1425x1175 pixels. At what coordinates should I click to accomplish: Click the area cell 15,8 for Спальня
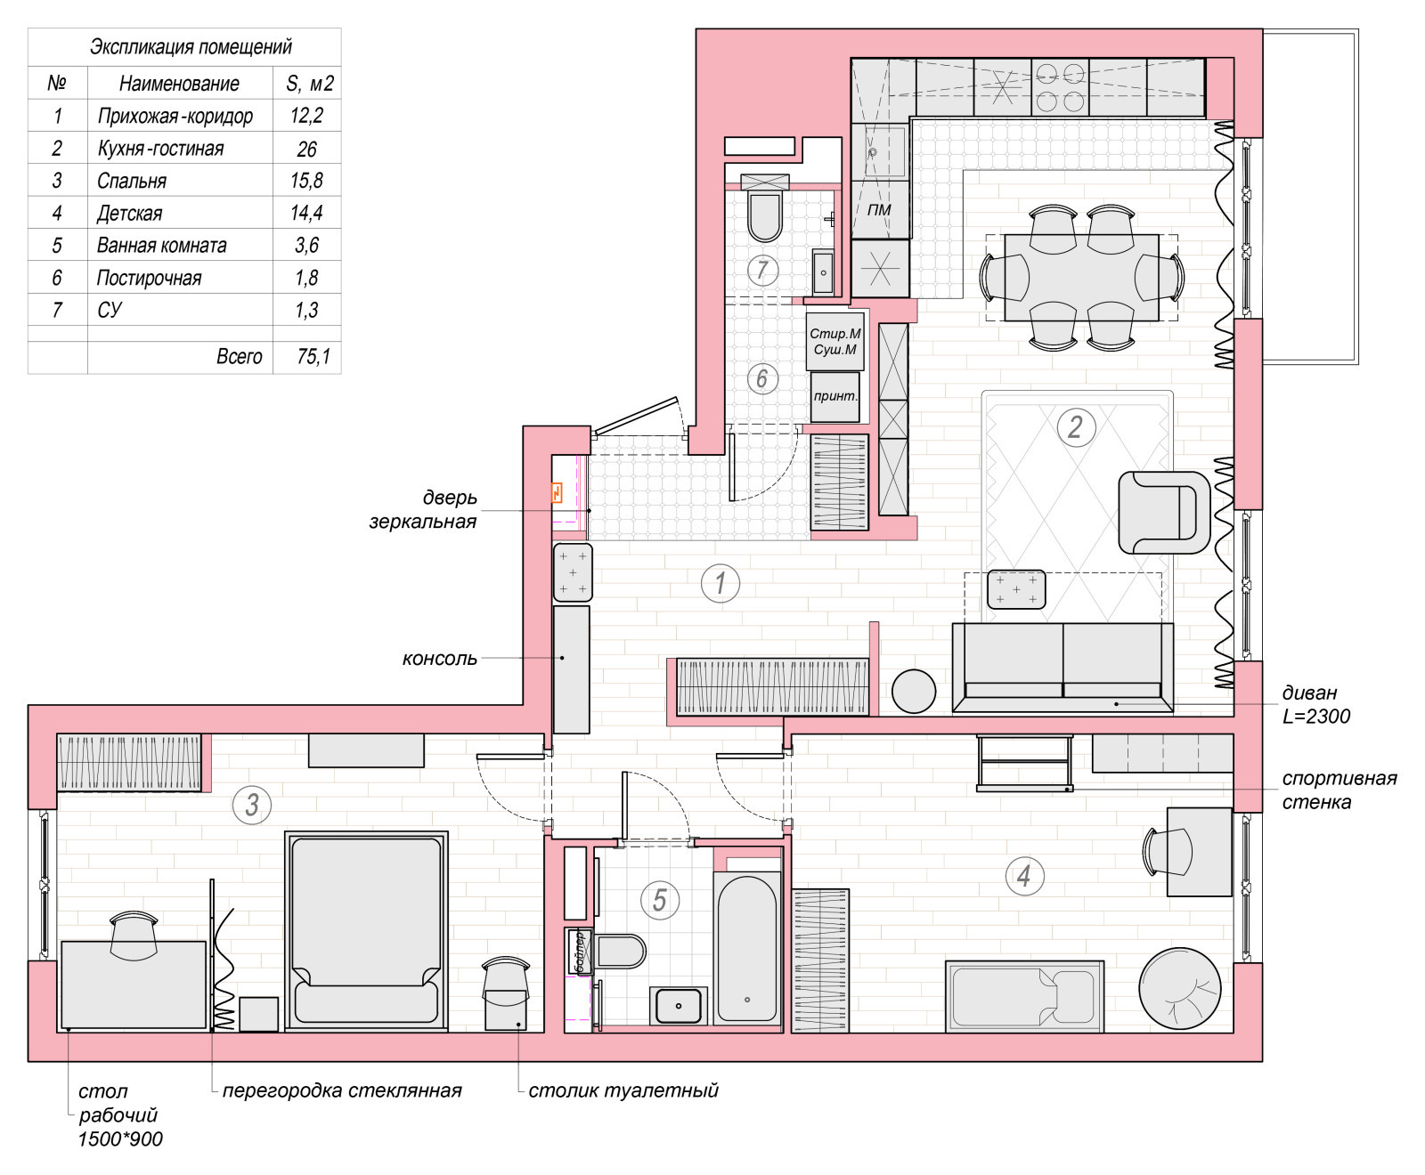(x=306, y=181)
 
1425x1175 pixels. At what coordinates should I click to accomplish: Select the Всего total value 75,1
(x=313, y=356)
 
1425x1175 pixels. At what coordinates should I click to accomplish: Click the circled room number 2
(x=1075, y=427)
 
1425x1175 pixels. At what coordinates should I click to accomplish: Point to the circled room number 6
(x=761, y=378)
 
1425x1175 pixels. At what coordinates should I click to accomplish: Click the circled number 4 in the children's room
(x=1024, y=875)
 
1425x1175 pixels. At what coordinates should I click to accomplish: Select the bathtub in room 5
(x=747, y=949)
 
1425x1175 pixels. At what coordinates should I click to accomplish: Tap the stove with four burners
(x=1060, y=87)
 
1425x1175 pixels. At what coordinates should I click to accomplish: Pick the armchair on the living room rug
(x=1164, y=512)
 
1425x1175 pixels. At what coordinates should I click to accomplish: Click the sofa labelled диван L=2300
(x=1063, y=668)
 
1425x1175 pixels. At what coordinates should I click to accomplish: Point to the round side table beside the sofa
(x=914, y=691)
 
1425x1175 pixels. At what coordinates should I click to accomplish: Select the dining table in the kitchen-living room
(x=1081, y=278)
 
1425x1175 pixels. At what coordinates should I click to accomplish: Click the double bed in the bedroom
(x=366, y=931)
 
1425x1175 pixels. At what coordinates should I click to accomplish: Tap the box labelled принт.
(x=836, y=396)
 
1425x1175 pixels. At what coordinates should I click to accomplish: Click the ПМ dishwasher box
(x=880, y=210)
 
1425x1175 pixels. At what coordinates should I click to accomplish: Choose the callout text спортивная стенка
(x=1339, y=790)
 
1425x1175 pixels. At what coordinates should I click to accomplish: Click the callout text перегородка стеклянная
(x=342, y=1090)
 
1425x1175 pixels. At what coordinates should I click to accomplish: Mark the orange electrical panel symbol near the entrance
(x=558, y=492)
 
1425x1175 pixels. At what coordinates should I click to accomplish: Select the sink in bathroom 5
(x=680, y=1005)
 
